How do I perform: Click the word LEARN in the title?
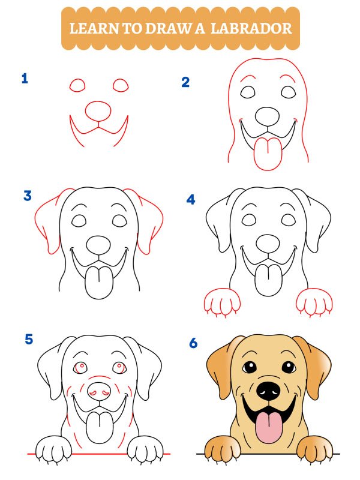pyautogui.click(x=91, y=28)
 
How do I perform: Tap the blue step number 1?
pyautogui.click(x=25, y=78)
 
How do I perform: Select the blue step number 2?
pyautogui.click(x=185, y=82)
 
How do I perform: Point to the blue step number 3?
pyautogui.click(x=28, y=196)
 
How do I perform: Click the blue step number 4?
pyautogui.click(x=191, y=199)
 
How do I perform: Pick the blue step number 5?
pyautogui.click(x=29, y=340)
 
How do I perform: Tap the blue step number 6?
pyautogui.click(x=193, y=343)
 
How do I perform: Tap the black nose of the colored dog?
pyautogui.click(x=268, y=391)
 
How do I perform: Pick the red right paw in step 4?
pyautogui.click(x=314, y=302)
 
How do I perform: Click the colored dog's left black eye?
pyautogui.click(x=248, y=367)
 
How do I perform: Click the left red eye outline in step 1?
pyautogui.click(x=78, y=86)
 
